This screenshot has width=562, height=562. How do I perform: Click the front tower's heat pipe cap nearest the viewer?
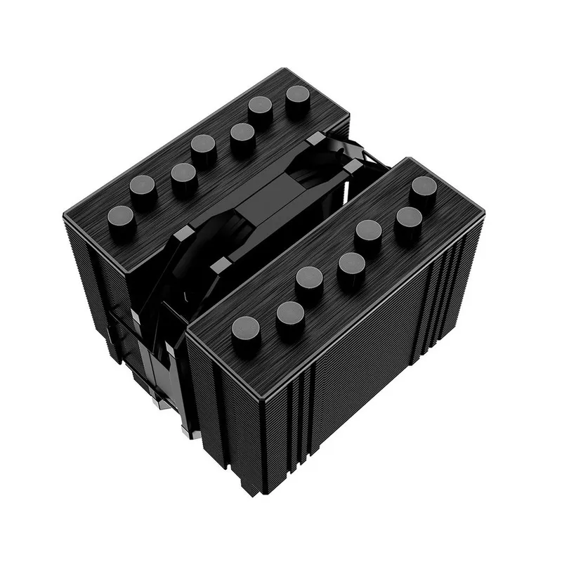coord(246,328)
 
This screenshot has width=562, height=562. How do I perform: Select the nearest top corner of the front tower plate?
coord(188,330)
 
